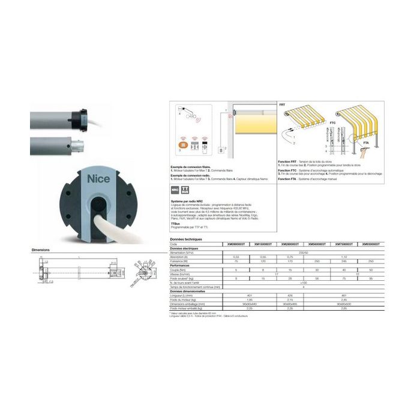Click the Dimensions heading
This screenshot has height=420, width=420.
pos(40,250)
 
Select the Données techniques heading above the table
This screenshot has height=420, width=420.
pos(186,239)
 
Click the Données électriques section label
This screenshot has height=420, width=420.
pos(187,248)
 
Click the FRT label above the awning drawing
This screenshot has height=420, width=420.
pos(283,104)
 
